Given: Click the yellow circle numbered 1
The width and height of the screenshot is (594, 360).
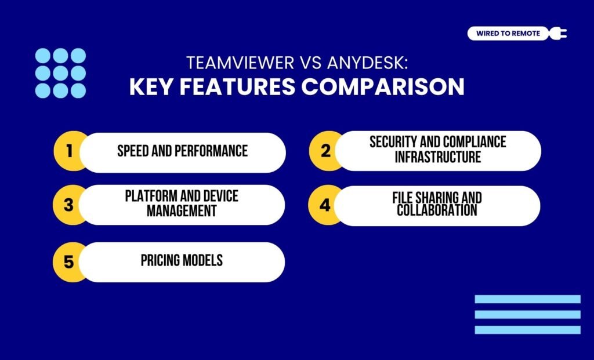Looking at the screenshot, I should (68, 152).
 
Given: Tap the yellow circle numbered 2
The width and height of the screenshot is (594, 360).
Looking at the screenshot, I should (324, 151).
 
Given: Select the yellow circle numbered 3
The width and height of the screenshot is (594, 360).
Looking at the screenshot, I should (68, 205).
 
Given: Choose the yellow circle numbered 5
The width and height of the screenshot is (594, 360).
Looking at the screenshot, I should (68, 262).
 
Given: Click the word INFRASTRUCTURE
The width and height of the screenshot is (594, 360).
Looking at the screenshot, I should (438, 157).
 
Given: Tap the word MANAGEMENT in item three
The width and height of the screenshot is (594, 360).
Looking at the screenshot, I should (182, 211).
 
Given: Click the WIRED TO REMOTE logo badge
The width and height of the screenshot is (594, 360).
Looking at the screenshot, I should (508, 33).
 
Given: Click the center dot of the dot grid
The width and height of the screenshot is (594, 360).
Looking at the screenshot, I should (60, 73).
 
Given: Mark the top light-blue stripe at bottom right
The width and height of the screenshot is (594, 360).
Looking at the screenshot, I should (527, 299).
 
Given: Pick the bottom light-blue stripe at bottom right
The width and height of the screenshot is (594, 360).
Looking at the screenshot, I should (527, 329).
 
